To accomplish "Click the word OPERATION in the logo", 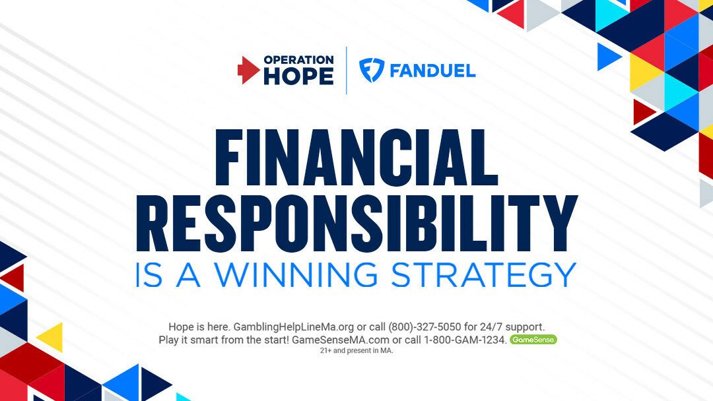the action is (x=299, y=60).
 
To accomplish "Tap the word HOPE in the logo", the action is (x=299, y=77).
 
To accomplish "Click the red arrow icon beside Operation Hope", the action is (x=248, y=70).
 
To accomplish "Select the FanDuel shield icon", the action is (x=372, y=71).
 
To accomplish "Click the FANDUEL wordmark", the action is (x=432, y=71).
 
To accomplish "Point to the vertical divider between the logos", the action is (x=347, y=71).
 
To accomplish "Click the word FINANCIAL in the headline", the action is (x=356, y=158).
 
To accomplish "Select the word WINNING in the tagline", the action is (x=296, y=274).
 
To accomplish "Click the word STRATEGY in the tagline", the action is (x=483, y=274).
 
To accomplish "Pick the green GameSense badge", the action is (x=533, y=339).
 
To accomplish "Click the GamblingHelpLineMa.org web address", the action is (x=293, y=327).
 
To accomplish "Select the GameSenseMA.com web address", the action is (x=341, y=340).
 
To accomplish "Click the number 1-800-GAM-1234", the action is (x=465, y=340).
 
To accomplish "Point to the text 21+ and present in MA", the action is (x=356, y=351).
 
